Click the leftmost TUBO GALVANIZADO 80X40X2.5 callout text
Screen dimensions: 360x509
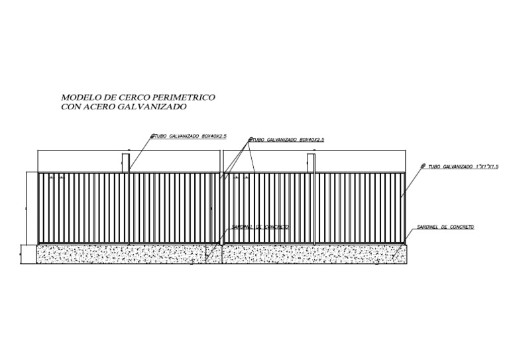point(189,135)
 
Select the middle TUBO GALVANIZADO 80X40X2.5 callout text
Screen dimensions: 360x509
point(286,140)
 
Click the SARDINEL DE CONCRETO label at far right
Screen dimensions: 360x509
point(445,227)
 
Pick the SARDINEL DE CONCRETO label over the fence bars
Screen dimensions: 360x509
point(260,227)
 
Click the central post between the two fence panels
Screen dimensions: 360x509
point(221,206)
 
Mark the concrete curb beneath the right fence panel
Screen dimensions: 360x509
point(311,254)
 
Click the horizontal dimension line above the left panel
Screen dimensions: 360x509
point(129,152)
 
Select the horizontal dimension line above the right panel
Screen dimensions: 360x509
point(315,152)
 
